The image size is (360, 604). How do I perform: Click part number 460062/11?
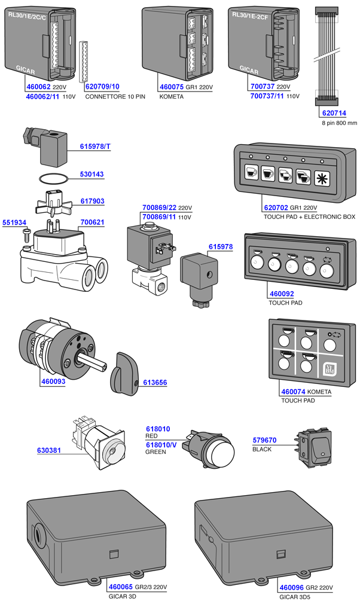(x=43, y=96)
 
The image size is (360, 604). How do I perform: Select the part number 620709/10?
(x=102, y=87)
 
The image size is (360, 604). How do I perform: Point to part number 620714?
(x=334, y=112)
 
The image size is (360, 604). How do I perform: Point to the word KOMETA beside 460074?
(x=321, y=392)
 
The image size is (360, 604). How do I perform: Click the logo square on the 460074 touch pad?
(x=330, y=369)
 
